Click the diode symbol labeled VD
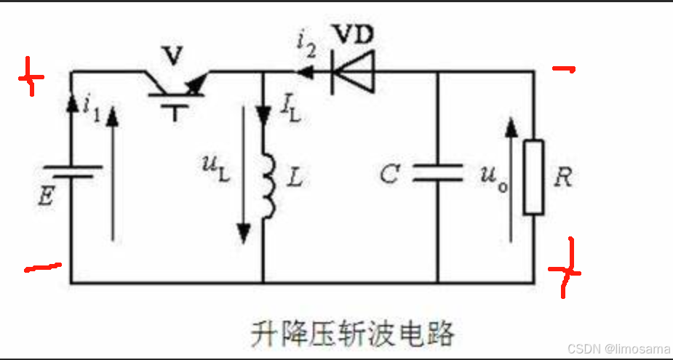[x=352, y=72]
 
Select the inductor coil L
[x=268, y=186]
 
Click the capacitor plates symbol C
[x=437, y=172]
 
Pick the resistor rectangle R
[x=533, y=177]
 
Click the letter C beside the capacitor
[x=390, y=175]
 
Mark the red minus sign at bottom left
[x=43, y=268]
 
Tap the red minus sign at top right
[x=563, y=70]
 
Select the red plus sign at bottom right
[x=565, y=270]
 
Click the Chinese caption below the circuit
[x=352, y=334]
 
